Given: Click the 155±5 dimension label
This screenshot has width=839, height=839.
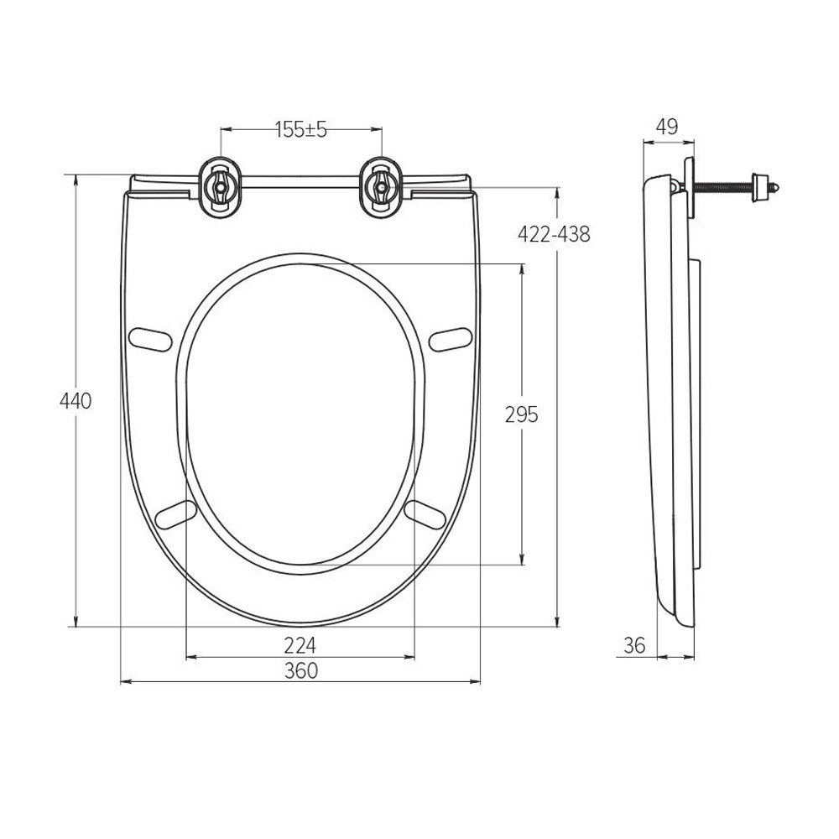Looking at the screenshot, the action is tap(300, 129).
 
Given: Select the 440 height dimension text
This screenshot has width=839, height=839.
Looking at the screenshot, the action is tap(76, 401).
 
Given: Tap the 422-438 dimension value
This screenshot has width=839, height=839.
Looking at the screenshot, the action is tap(554, 234).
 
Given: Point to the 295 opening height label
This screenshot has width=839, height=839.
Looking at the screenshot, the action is tap(521, 414).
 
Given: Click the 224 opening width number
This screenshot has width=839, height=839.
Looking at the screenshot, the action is tap(300, 646).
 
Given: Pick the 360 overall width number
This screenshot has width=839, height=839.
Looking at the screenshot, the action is tap(300, 670).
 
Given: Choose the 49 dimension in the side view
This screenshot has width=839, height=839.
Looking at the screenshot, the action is tap(667, 127).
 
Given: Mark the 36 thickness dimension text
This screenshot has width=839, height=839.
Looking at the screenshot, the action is tap(634, 646).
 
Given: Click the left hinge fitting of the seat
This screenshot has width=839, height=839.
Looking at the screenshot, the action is tap(220, 187).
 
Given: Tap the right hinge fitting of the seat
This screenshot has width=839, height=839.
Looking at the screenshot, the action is tap(380, 187).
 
